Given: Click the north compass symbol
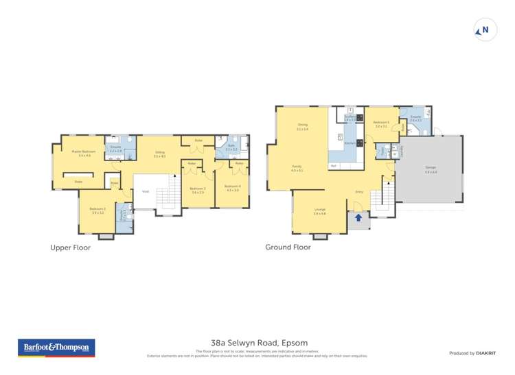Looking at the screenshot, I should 485,30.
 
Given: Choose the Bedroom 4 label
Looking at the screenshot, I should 231,187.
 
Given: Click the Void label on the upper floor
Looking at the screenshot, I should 146,191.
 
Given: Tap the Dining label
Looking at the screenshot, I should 302,125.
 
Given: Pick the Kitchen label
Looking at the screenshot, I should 350,143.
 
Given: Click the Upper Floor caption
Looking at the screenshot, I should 70,248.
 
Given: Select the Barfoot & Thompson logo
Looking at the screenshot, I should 56,348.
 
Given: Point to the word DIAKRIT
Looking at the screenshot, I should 485,353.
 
